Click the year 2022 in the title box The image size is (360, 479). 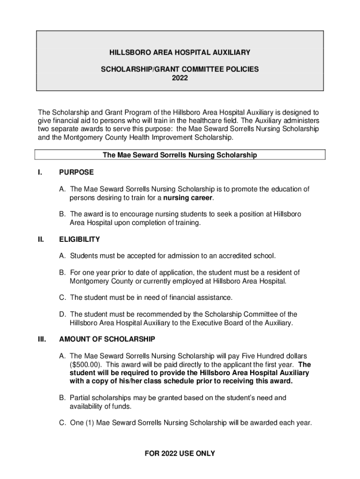point(180,78)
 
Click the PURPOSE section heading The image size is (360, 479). point(76,172)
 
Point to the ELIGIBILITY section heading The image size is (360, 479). point(79,239)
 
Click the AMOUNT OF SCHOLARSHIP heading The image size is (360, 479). point(107,339)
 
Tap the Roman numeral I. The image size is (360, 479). point(40,172)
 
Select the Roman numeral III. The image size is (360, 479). point(42,339)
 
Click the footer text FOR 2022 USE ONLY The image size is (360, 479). point(180,453)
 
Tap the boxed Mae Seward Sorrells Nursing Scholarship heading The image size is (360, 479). point(180,155)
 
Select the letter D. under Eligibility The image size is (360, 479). point(62,314)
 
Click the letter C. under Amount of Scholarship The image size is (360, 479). point(62,423)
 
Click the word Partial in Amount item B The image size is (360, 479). point(81,398)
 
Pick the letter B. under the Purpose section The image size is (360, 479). point(62,214)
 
